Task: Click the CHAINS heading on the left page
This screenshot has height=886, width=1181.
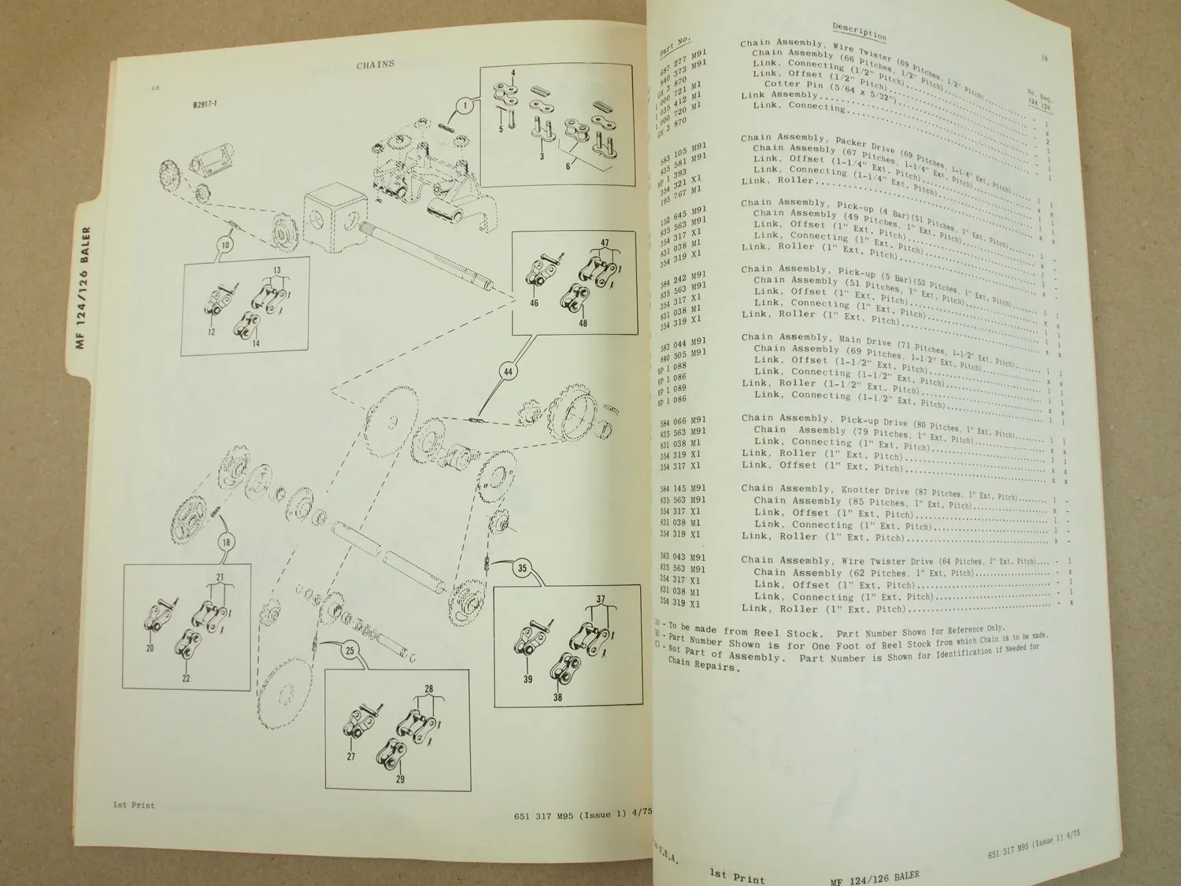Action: point(376,65)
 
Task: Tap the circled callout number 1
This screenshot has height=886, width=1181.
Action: point(465,105)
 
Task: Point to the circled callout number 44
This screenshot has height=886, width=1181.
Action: point(508,370)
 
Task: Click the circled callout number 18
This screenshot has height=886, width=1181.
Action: point(226,543)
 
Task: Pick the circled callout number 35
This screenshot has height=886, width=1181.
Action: point(522,568)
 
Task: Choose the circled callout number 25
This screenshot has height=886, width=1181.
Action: point(350,651)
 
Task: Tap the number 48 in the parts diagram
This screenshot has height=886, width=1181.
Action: point(583,322)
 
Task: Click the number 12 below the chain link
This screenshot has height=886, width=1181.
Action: point(211,333)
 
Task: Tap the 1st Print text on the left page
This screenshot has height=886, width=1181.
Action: point(133,805)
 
